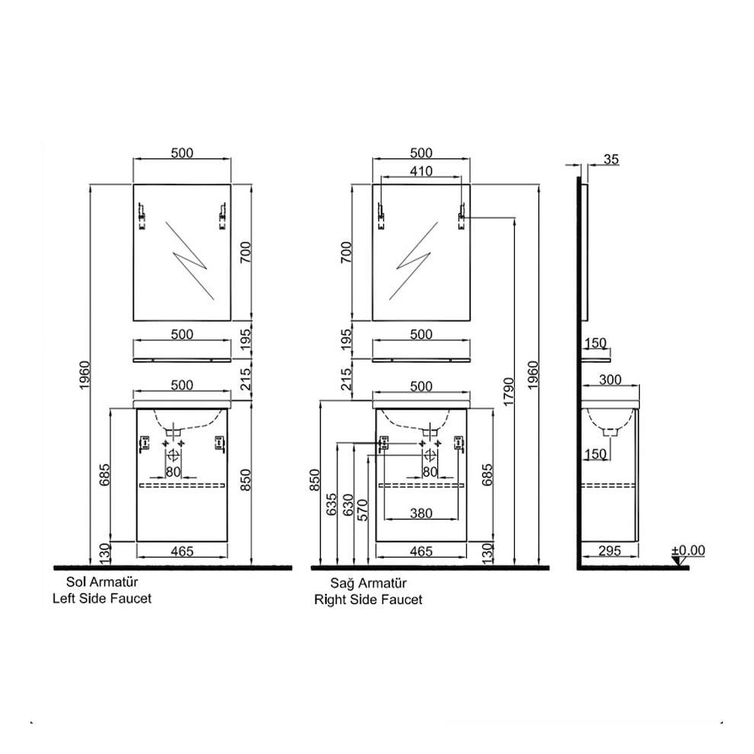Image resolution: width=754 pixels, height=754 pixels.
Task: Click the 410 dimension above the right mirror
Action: [x=420, y=171]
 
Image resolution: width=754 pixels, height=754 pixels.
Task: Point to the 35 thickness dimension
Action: [x=611, y=159]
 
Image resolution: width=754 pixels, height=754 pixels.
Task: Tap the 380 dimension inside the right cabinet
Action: [x=420, y=513]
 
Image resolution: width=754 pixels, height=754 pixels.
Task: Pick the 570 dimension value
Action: [x=363, y=508]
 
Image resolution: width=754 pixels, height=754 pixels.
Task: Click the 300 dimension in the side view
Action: [x=610, y=379]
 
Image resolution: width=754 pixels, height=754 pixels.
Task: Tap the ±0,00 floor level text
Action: [x=689, y=551]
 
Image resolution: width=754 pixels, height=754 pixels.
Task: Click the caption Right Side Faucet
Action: [x=368, y=599]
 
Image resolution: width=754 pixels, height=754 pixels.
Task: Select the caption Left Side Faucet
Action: [x=101, y=599]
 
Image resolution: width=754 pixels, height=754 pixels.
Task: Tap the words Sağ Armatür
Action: [x=368, y=583]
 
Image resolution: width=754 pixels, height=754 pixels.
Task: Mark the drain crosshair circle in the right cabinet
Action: [x=430, y=455]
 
